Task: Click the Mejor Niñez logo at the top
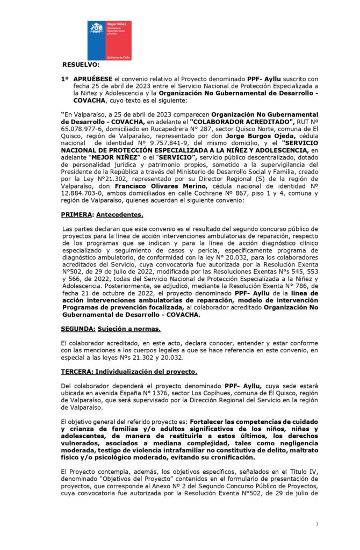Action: [x=110, y=40]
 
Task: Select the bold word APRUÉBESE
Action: [x=93, y=79]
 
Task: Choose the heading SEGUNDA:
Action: [x=78, y=328]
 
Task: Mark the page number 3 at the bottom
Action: [x=317, y=524]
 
